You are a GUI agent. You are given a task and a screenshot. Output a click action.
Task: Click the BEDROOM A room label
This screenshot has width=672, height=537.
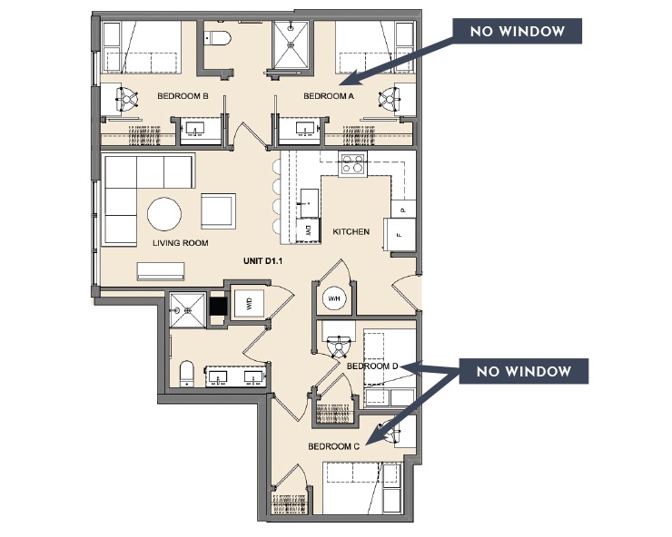click(328, 95)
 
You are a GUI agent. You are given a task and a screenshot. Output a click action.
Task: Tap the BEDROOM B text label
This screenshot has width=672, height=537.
click(183, 95)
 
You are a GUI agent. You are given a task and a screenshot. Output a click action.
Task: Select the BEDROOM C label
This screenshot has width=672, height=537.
click(334, 446)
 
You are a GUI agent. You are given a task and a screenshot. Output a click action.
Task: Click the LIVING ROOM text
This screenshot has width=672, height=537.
click(181, 243)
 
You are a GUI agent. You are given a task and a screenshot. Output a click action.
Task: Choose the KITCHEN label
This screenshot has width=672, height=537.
click(351, 232)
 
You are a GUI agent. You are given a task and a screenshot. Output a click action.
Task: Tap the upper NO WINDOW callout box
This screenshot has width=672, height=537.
click(517, 31)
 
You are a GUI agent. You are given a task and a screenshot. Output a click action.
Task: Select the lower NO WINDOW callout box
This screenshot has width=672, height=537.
click(524, 371)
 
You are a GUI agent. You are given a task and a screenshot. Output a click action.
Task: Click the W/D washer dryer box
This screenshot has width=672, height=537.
click(246, 304)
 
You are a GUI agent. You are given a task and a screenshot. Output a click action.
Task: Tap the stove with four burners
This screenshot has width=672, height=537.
click(352, 164)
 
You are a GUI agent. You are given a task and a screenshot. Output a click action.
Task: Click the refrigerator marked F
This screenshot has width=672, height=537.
click(400, 233)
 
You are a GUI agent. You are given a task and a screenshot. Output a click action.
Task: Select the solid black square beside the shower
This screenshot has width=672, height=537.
click(217, 307)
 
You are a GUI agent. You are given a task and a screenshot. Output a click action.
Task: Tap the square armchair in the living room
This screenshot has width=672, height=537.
click(218, 210)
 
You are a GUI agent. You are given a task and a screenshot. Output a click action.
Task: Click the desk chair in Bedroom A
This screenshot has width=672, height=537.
click(393, 97)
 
